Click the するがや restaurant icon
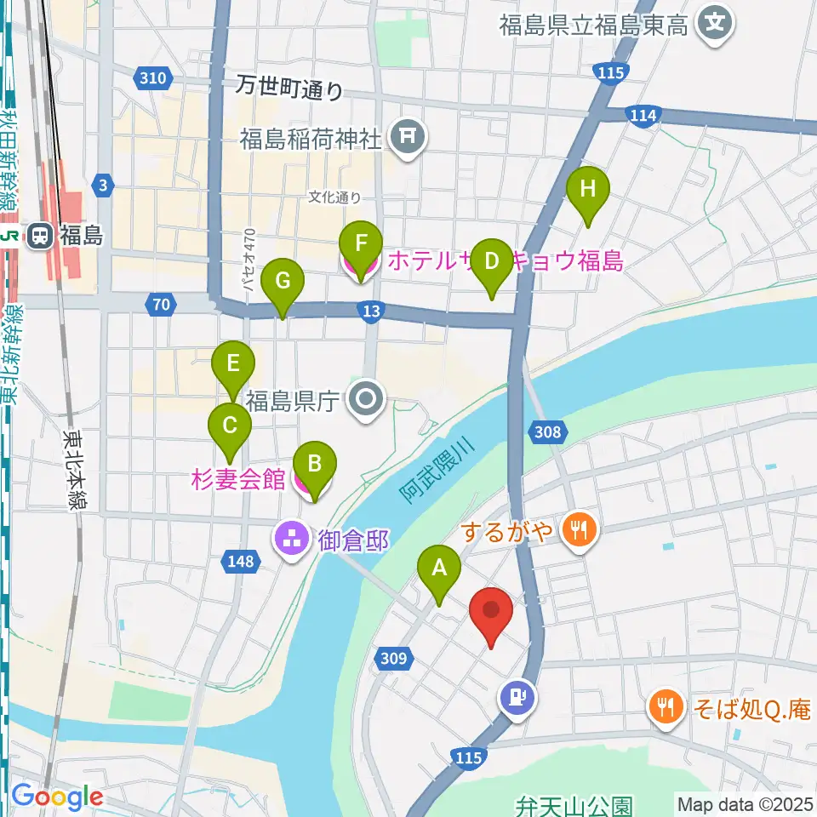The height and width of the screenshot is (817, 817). coord(581,533)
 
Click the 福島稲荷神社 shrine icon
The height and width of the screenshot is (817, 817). coord(407,138)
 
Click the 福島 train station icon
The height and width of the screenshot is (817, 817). coord(39,236)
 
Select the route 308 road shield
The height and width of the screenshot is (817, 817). coord(549,432)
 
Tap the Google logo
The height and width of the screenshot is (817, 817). coord(56,797)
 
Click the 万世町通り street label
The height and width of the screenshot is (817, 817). coord(289,87)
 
